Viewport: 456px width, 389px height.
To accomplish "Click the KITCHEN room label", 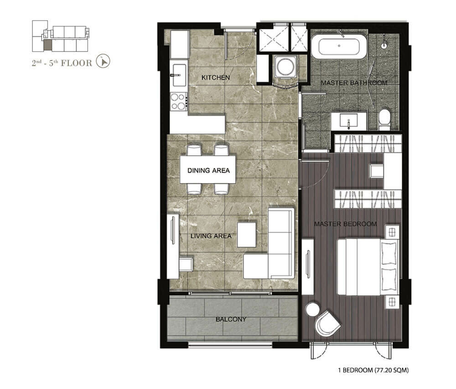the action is [x=216, y=77].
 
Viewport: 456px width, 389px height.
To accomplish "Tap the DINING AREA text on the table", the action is [x=208, y=170].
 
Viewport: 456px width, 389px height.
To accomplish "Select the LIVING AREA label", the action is [x=211, y=236].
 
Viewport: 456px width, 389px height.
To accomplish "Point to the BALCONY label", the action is [x=231, y=319].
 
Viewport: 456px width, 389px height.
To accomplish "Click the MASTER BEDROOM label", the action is [x=345, y=224].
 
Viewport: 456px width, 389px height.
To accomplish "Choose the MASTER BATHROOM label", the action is [x=354, y=83].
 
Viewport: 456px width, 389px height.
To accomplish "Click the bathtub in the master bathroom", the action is [x=339, y=46].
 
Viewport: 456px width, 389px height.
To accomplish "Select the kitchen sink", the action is [x=179, y=75].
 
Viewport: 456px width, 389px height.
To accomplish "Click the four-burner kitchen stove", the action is [x=179, y=101].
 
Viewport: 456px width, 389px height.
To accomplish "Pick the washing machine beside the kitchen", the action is [x=285, y=67].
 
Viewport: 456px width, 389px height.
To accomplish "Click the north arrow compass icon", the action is [x=103, y=61].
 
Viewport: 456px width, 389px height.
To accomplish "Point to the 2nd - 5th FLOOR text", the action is [x=62, y=63].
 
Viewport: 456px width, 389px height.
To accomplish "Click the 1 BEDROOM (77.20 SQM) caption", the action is [x=373, y=370].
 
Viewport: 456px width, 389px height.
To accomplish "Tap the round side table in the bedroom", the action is [x=313, y=309].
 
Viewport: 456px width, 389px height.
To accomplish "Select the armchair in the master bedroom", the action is [x=328, y=323].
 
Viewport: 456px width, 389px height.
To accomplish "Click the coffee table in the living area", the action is [x=247, y=235].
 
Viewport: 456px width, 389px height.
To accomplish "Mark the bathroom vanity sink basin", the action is [x=348, y=122].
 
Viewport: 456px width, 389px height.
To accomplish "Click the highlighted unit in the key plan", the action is [x=47, y=45].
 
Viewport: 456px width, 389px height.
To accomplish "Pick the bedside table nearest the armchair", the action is [x=392, y=302].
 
